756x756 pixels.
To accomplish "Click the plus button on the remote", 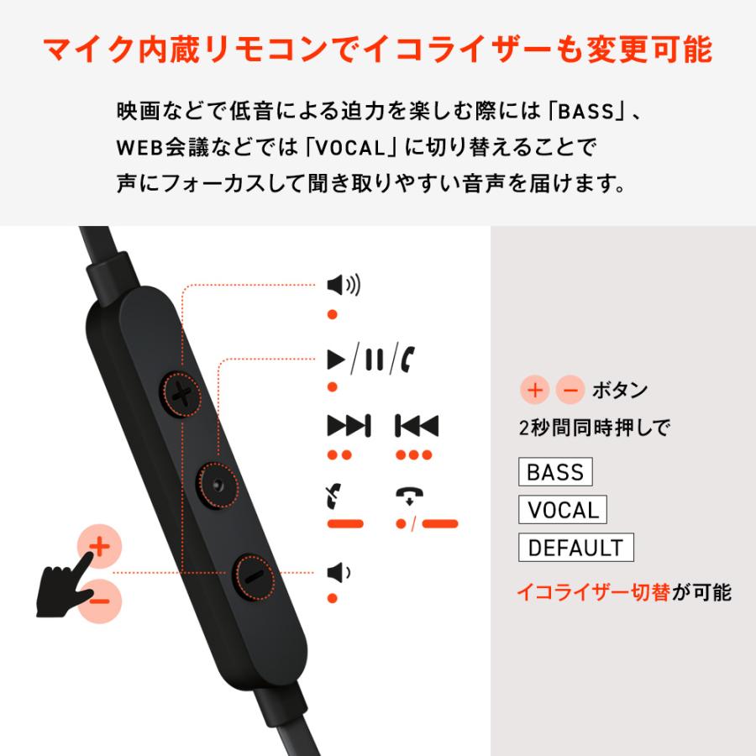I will tap(181, 392).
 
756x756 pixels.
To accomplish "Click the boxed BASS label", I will tap(555, 472).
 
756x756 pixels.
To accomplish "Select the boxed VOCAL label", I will tap(563, 510).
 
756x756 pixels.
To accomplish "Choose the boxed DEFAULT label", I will tap(575, 548).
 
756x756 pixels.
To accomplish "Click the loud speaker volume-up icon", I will tap(343, 286).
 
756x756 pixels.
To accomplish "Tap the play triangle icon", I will tap(337, 360).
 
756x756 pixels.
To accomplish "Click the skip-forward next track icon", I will tap(348, 426).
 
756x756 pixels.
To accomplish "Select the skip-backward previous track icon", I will tap(417, 426).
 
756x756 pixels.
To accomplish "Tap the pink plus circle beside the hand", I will tap(99, 547).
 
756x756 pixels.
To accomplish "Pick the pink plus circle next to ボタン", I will tap(536, 390).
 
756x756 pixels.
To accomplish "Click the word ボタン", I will tap(620, 391).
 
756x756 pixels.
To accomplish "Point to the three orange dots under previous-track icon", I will tap(413, 455).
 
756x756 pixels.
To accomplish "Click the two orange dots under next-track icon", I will tap(339, 455).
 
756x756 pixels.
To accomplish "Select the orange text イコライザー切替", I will tap(592, 592).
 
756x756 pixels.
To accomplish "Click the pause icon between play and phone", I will tap(375, 360).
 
